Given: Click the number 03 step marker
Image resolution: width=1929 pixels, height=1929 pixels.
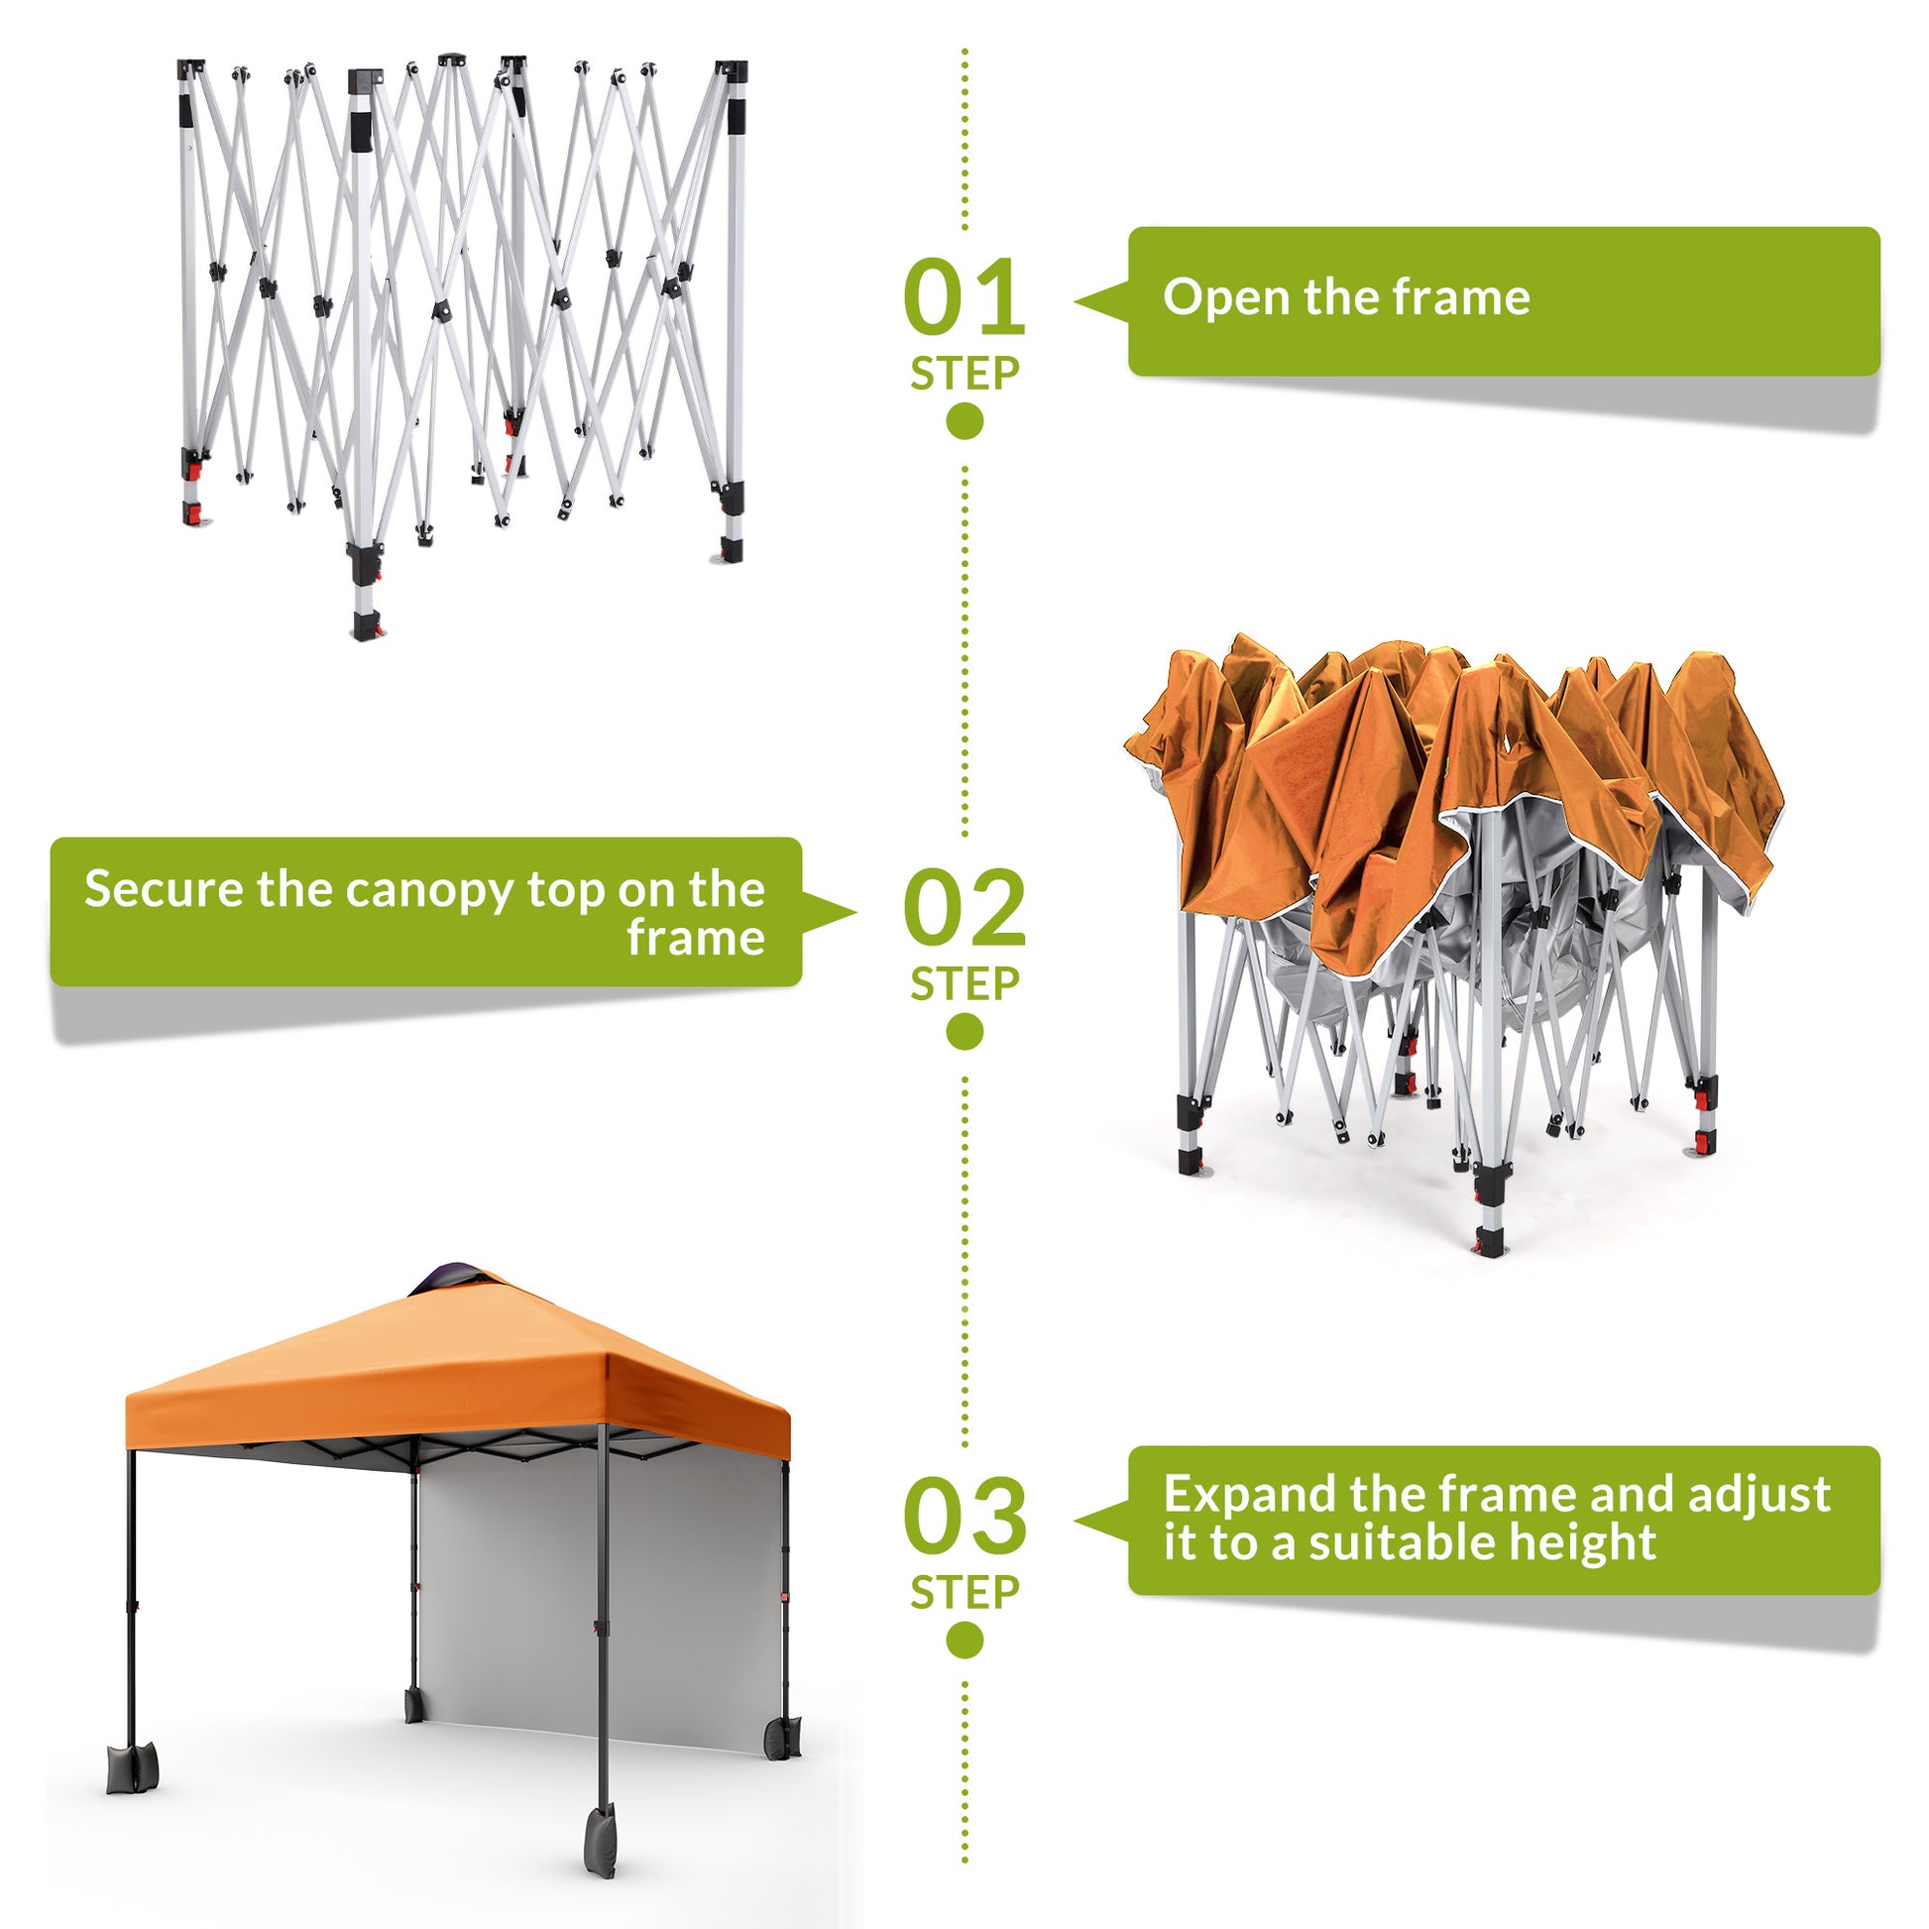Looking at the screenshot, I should [x=964, y=1516].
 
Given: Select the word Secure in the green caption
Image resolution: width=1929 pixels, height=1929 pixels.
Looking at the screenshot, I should [x=163, y=888].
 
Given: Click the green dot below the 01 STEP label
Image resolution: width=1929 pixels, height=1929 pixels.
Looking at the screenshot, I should [x=964, y=420].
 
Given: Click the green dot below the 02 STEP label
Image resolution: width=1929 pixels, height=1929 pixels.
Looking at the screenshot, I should [x=964, y=1030].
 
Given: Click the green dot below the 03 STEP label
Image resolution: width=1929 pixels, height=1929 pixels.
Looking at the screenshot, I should [x=964, y=1640].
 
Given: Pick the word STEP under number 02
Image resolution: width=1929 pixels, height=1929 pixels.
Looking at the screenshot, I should [x=964, y=983].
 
